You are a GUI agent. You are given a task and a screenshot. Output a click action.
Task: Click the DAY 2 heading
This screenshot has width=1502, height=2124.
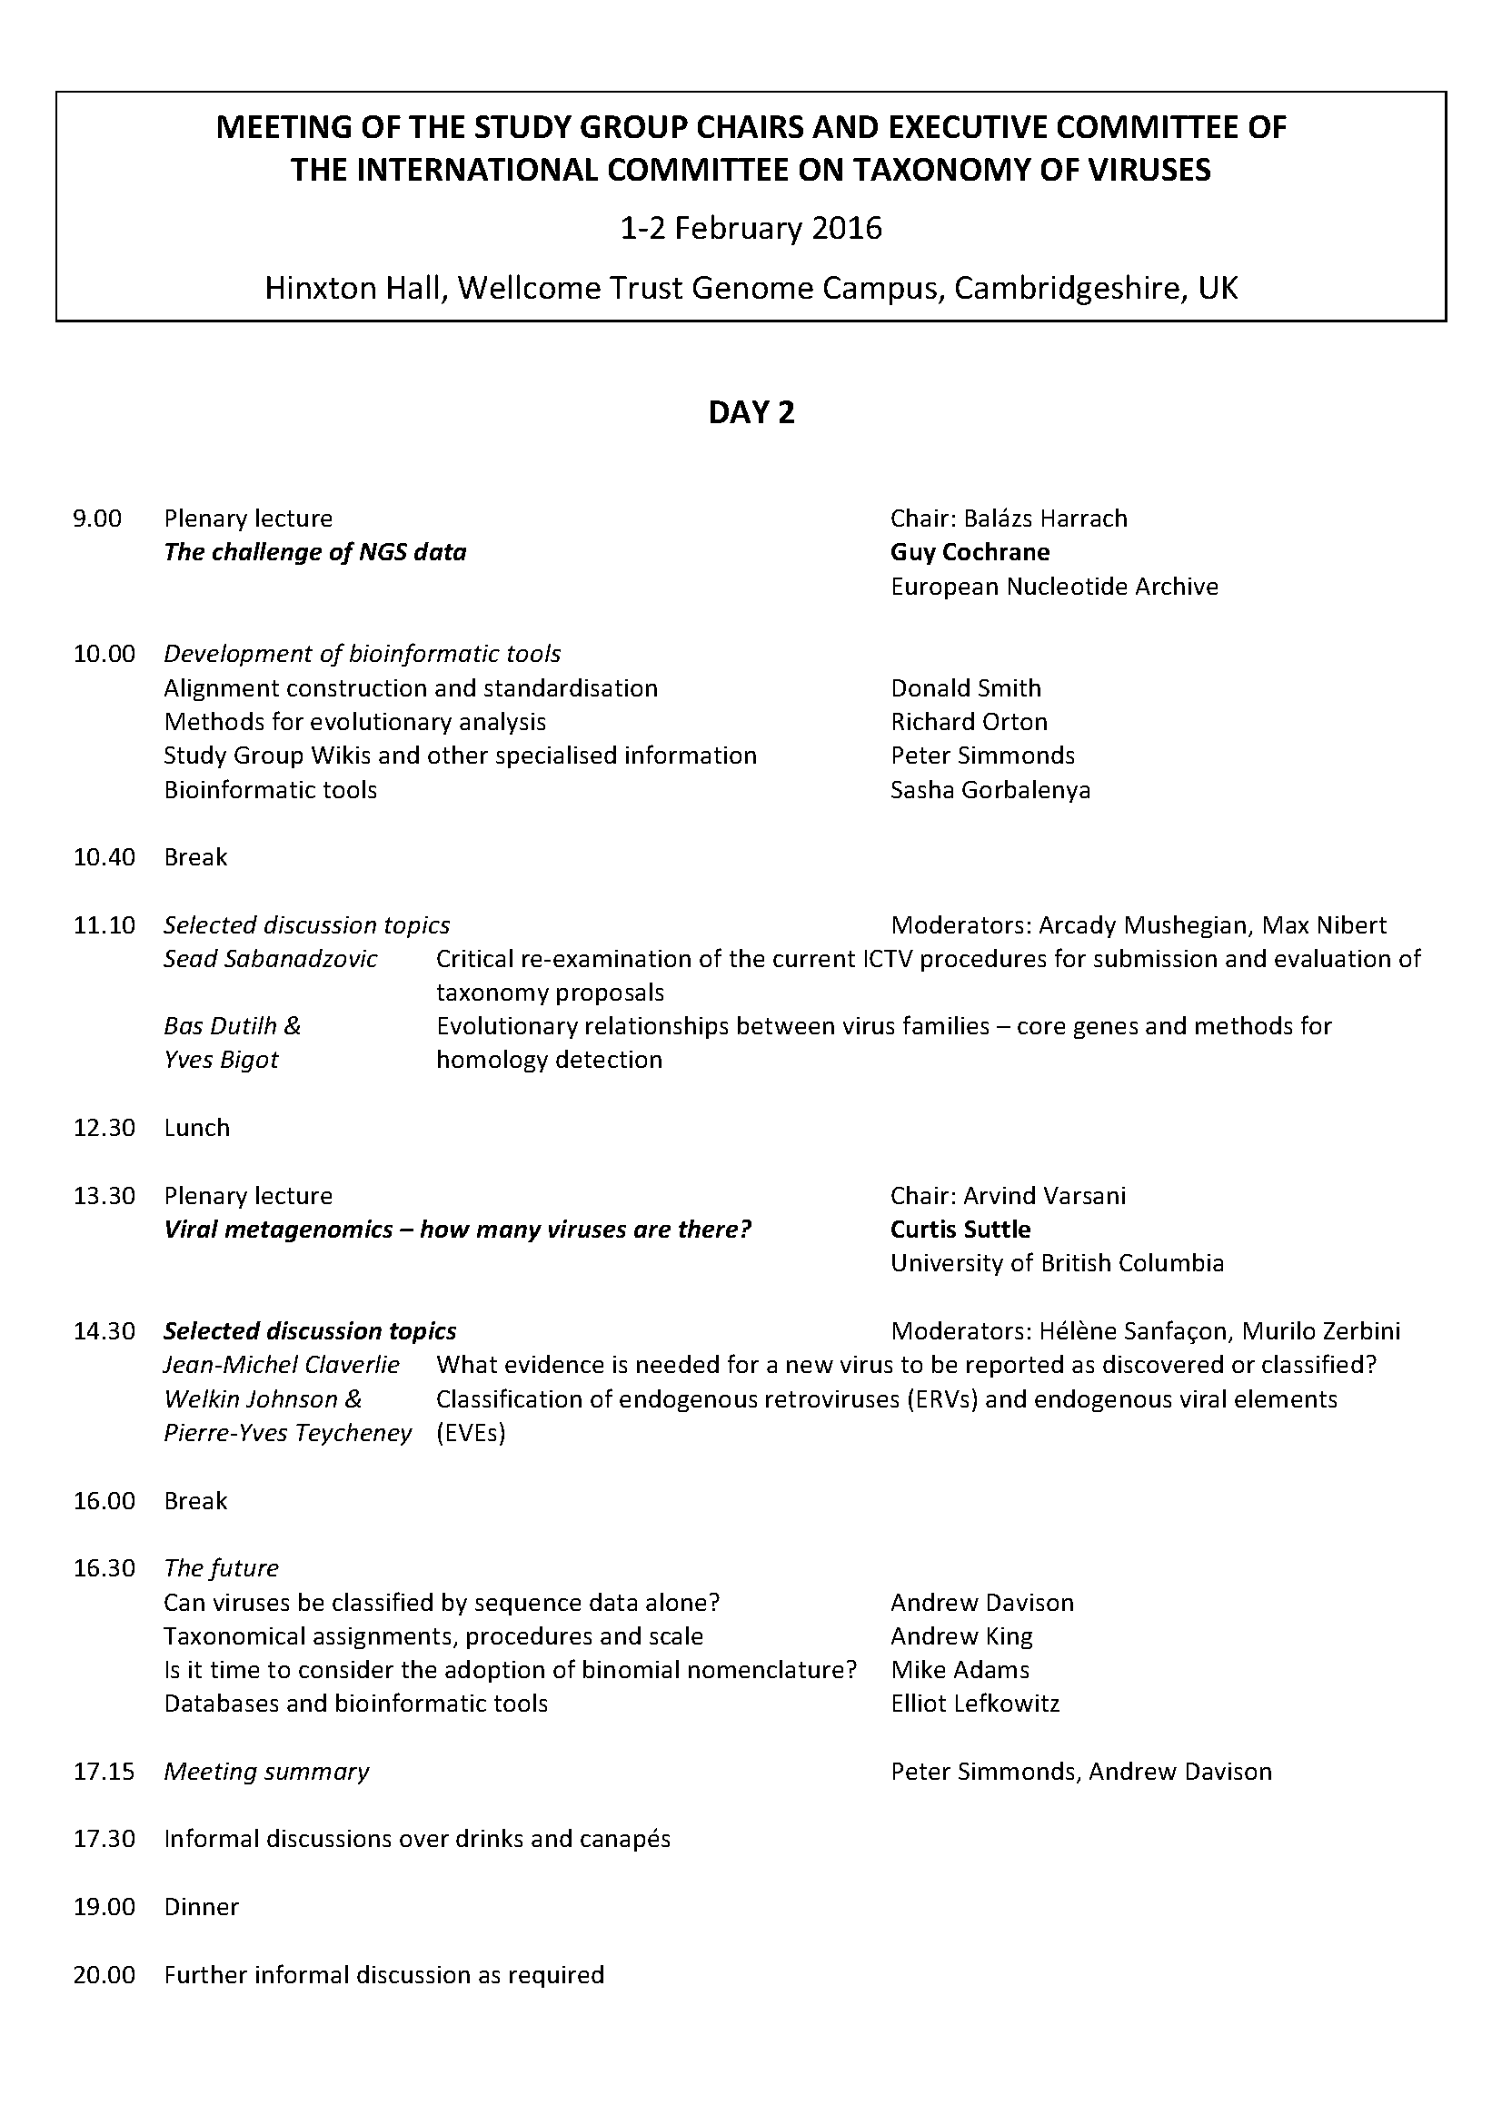[751, 412]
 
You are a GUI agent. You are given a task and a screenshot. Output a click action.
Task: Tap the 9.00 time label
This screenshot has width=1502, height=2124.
[97, 518]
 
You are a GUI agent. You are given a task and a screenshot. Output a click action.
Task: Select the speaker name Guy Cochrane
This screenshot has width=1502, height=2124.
[970, 552]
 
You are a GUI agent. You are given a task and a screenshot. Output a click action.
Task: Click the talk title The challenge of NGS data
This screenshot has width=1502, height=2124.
[314, 552]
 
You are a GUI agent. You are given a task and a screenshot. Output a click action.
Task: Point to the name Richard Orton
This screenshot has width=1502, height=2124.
[969, 722]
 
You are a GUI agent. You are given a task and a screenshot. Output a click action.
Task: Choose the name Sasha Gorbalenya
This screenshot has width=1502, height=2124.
[990, 790]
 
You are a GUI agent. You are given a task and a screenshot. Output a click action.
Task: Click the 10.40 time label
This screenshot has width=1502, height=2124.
[104, 857]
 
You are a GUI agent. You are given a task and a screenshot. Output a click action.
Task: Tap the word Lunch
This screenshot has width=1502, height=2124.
[196, 1128]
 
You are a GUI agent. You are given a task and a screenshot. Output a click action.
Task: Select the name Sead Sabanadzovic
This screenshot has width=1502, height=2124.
[270, 958]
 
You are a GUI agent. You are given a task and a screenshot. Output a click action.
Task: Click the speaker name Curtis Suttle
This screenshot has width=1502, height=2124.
[960, 1230]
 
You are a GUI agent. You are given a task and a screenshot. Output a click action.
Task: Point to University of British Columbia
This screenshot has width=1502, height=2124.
[1057, 1263]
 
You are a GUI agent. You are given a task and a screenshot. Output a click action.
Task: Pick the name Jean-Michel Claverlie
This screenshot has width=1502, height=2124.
[282, 1365]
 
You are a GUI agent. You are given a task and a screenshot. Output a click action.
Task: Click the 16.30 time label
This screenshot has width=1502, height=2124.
[104, 1568]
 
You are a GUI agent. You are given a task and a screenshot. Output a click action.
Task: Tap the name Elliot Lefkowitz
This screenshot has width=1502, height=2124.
[974, 1703]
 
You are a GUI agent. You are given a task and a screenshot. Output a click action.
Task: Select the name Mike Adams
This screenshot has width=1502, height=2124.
[960, 1670]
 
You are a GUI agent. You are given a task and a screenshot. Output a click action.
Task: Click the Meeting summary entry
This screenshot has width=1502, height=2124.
[265, 1772]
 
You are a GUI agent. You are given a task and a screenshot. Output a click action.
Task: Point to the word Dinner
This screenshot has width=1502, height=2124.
[201, 1907]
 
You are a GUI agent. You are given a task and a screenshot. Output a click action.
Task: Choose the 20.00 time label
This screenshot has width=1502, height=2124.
[104, 1975]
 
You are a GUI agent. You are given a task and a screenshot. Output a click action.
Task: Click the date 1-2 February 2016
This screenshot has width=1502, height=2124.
[751, 228]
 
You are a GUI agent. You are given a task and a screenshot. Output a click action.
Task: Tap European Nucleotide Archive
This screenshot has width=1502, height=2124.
[1054, 587]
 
